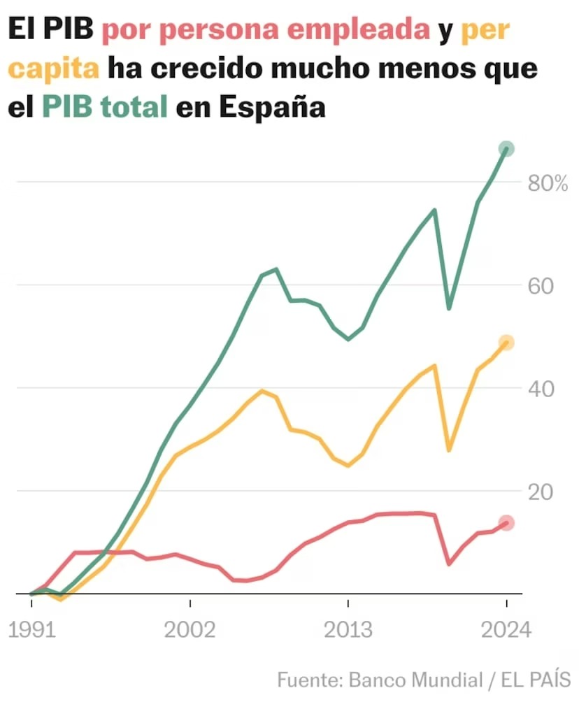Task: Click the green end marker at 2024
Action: [506, 148]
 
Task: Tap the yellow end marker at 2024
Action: [506, 343]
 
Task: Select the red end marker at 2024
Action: [506, 523]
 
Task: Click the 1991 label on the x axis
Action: [31, 629]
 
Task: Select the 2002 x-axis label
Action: [190, 629]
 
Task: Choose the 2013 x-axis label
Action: [348, 629]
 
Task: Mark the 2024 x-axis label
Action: [506, 629]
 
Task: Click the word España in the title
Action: [272, 108]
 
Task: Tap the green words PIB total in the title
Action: [105, 108]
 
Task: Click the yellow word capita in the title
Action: [55, 69]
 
